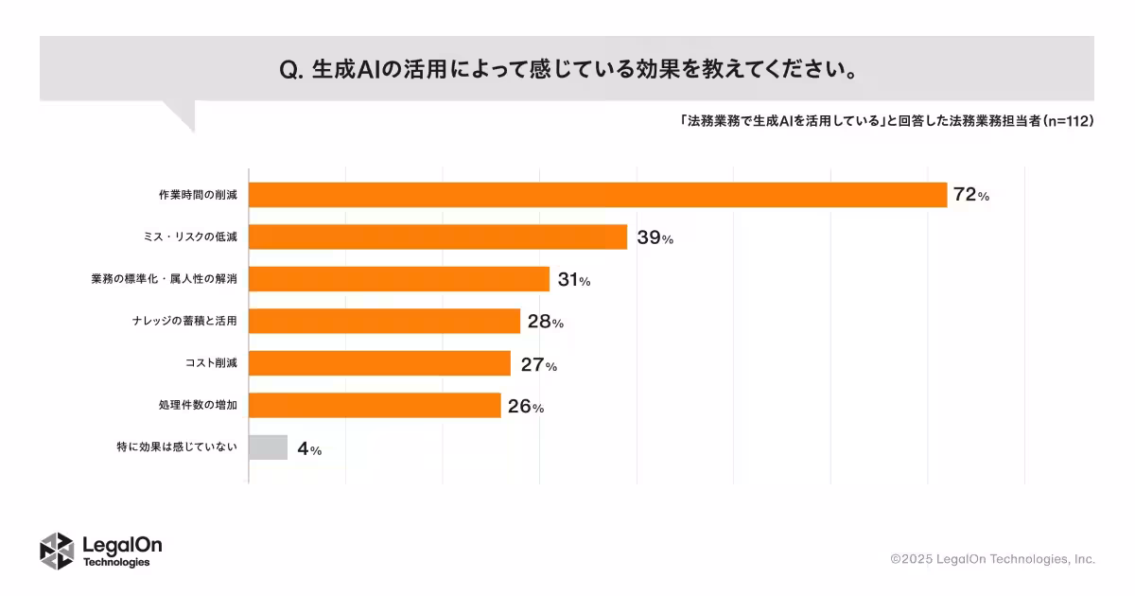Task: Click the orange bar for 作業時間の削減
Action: pyautogui.click(x=598, y=195)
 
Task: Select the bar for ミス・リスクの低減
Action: pyautogui.click(x=438, y=237)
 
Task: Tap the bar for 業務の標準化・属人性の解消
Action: pyautogui.click(x=399, y=279)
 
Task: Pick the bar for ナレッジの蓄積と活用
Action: pyautogui.click(x=384, y=322)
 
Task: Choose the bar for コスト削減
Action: pyautogui.click(x=379, y=364)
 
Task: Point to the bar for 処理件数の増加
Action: pyautogui.click(x=375, y=406)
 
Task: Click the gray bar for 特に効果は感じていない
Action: pyautogui.click(x=268, y=447)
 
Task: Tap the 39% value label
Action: pyautogui.click(x=655, y=238)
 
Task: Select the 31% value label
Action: pyautogui.click(x=574, y=280)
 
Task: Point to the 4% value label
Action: pyautogui.click(x=309, y=450)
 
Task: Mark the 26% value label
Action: pyautogui.click(x=526, y=408)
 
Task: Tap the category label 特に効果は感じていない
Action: pyautogui.click(x=176, y=447)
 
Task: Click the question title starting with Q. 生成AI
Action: pyautogui.click(x=568, y=70)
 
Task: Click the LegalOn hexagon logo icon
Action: pyautogui.click(x=57, y=552)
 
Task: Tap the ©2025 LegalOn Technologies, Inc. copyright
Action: pyautogui.click(x=992, y=559)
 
